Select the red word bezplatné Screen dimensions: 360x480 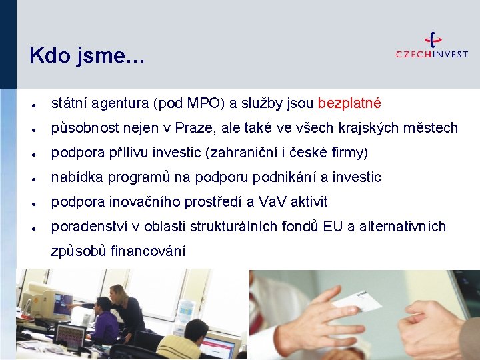[349, 103]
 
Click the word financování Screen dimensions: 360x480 [148, 251]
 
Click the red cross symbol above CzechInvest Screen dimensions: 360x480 [433, 39]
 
